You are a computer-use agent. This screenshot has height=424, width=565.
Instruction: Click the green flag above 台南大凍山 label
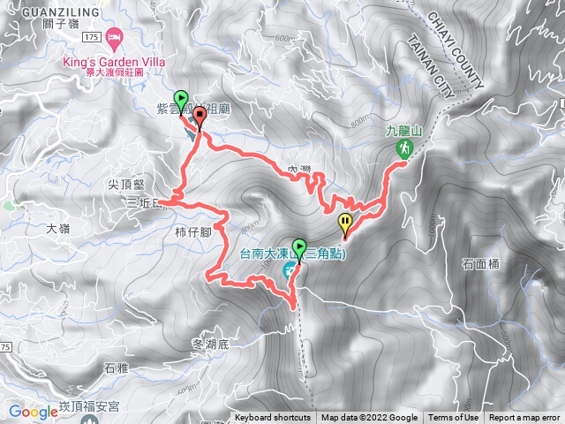[x=299, y=246]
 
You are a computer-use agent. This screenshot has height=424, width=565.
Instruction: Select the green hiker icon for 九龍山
[x=403, y=148]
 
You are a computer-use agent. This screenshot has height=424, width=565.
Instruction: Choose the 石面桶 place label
[x=480, y=264]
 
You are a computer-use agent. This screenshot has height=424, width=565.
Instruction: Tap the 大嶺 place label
[x=57, y=228]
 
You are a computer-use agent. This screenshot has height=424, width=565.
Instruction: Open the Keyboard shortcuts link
[x=273, y=418]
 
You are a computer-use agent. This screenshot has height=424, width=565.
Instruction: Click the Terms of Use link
[x=454, y=418]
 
